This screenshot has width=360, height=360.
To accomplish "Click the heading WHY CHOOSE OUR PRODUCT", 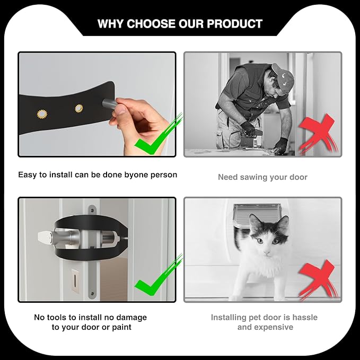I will click(x=180, y=24).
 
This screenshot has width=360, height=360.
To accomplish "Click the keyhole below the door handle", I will click(x=75, y=280).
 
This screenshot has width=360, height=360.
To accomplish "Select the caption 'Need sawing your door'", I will click(x=263, y=177).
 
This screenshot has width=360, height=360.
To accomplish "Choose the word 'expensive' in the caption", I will click(x=273, y=327).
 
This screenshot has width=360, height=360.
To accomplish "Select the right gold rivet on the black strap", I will click(x=79, y=108).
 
